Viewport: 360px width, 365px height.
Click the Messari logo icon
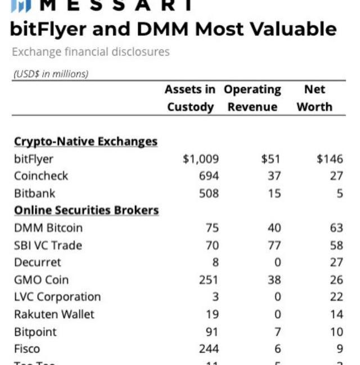[x=21, y=6]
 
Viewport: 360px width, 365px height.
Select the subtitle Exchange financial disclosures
[x=90, y=52]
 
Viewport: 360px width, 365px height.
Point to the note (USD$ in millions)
[x=51, y=74]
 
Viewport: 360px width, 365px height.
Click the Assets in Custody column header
[x=190, y=98]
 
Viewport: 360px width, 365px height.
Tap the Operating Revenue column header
[x=252, y=98]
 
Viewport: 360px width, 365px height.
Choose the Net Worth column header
[x=314, y=98]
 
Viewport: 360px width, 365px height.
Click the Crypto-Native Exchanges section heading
[x=85, y=141]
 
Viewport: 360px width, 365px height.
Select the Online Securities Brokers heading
[x=86, y=210]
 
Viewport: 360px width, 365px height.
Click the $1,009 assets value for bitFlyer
[x=201, y=159]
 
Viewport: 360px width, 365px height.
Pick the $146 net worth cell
[x=330, y=159]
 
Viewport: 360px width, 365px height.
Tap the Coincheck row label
[x=41, y=176]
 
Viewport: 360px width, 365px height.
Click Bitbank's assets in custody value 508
[x=209, y=193]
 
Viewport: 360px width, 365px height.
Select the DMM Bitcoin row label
[x=48, y=228]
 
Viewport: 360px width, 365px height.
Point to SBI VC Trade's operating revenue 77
[x=274, y=245]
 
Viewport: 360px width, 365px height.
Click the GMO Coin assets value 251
[x=209, y=280]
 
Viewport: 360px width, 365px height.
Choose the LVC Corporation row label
[x=57, y=297]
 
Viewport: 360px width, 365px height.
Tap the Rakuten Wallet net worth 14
[x=336, y=314]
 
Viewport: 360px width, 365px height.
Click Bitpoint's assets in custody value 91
[x=212, y=332]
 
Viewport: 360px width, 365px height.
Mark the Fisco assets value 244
[x=209, y=349]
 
